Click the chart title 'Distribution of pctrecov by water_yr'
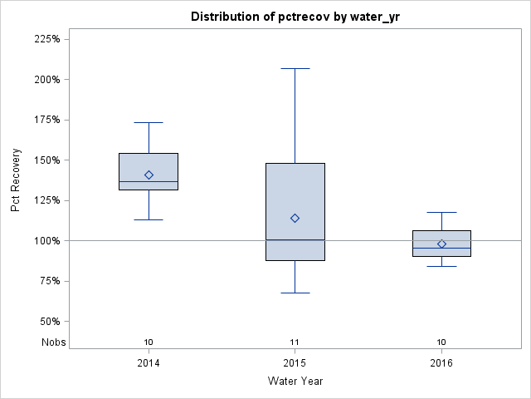295,17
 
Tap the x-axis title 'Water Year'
295,381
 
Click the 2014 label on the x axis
149,362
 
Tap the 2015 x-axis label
295,362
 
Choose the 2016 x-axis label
441,362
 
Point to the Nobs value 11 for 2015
295,342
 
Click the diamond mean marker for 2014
149,175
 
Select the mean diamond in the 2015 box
295,218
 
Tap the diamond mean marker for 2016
441,244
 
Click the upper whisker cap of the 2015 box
295,68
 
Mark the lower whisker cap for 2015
295,293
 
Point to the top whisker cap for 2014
149,122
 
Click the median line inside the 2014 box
149,181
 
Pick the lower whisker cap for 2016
441,266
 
